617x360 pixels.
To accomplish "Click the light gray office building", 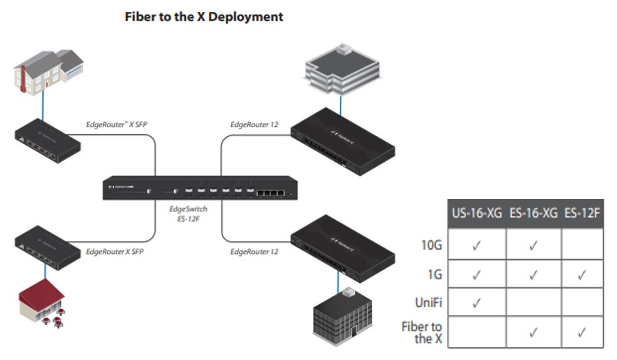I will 341,69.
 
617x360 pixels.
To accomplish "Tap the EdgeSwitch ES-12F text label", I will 188,214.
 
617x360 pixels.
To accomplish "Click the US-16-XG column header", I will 476,213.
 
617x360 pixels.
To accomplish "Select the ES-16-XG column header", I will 533,213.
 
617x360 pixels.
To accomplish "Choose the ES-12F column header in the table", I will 582,213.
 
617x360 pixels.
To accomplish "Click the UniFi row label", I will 428,303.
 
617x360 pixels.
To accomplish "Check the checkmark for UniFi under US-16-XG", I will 476,303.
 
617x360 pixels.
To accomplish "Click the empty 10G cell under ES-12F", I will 582,244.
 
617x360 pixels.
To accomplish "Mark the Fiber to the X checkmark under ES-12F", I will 582,332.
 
